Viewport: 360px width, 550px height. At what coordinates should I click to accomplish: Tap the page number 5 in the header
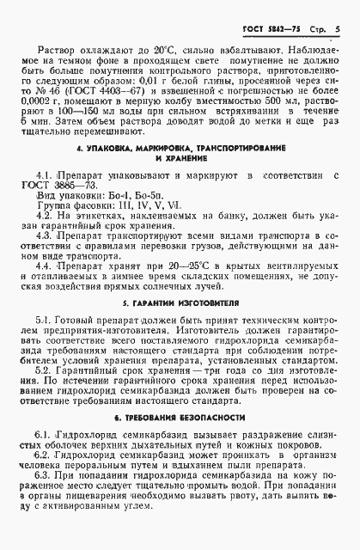point(338,30)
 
